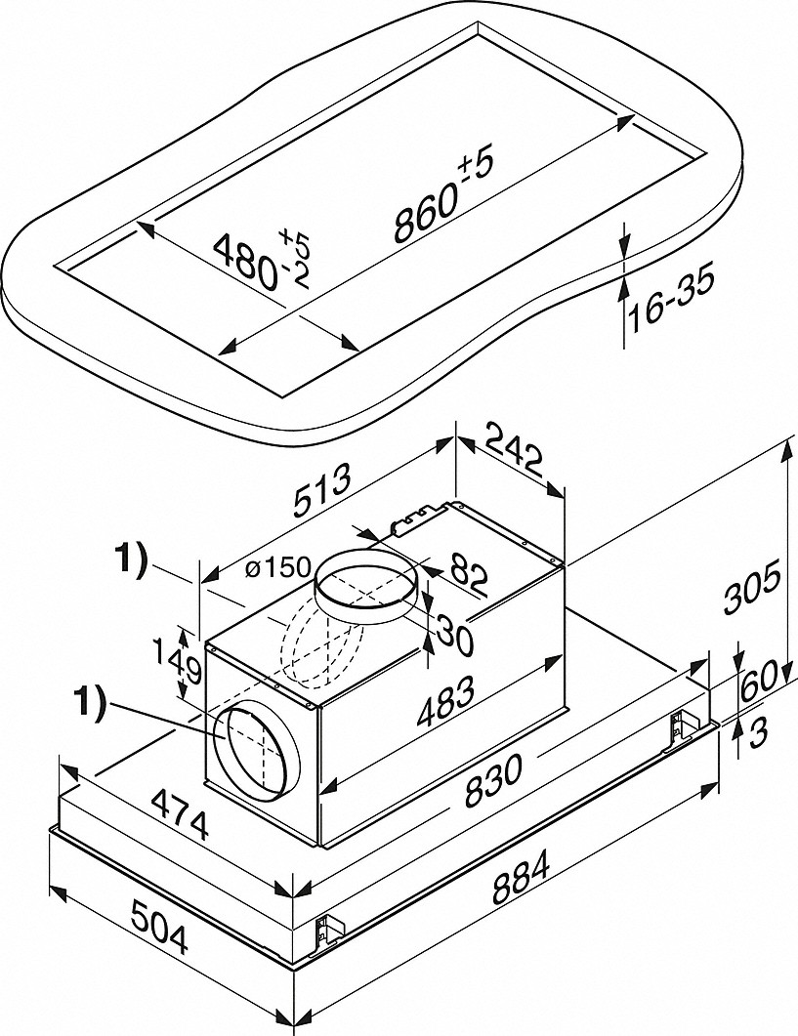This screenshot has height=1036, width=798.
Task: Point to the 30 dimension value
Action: [453, 633]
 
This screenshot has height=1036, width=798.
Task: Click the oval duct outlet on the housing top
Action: [367, 584]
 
